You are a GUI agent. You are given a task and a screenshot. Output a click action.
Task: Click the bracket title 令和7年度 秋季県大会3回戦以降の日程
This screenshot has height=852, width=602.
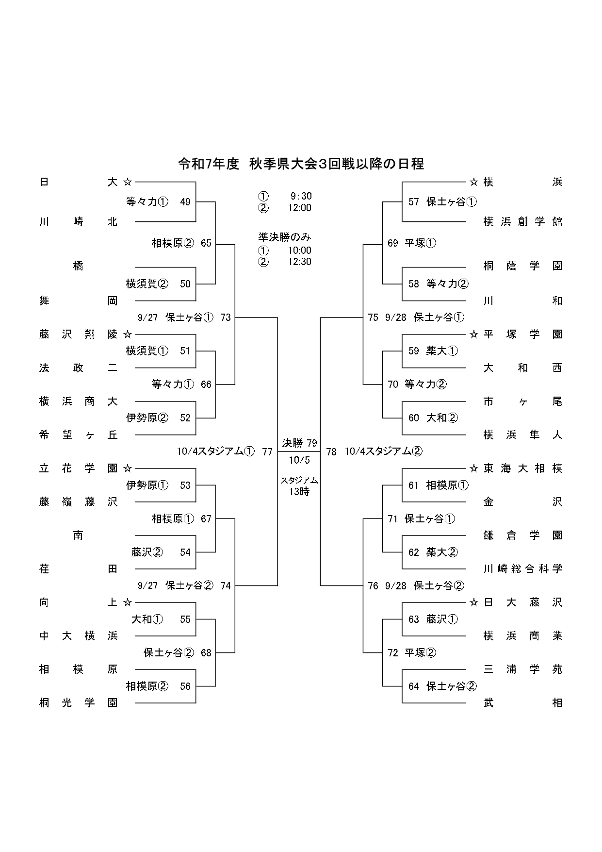click(301, 164)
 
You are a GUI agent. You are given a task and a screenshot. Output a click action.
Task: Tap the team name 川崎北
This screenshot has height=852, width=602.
click(78, 222)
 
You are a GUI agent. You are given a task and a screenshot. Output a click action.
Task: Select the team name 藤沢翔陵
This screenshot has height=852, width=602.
click(78, 334)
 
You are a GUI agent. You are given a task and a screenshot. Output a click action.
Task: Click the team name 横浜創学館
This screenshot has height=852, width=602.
click(522, 222)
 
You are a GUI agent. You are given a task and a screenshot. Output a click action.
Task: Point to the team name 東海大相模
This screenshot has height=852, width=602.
click(522, 468)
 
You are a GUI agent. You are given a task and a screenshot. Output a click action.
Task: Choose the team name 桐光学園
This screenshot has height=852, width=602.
click(78, 702)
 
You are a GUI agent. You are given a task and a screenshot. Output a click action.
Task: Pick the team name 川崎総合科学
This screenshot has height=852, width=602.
click(522, 568)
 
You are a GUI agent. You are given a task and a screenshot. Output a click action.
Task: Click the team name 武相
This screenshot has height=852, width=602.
click(522, 702)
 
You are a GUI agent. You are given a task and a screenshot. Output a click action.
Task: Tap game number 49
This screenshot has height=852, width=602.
click(185, 202)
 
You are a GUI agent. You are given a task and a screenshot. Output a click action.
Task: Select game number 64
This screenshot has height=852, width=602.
click(414, 686)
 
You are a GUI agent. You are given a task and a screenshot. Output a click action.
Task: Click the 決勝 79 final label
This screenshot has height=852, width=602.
click(300, 443)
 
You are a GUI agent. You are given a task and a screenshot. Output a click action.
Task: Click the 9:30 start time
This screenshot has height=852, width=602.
click(301, 196)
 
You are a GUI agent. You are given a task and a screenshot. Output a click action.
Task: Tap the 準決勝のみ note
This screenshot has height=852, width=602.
click(285, 237)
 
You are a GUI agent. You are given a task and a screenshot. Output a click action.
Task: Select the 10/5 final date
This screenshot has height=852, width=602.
click(299, 460)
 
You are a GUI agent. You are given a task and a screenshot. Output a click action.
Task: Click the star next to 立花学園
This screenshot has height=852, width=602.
click(128, 468)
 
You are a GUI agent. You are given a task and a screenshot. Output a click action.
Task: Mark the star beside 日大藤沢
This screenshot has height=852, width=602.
click(474, 602)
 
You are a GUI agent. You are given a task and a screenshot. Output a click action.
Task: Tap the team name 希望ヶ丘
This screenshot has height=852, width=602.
click(78, 435)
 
